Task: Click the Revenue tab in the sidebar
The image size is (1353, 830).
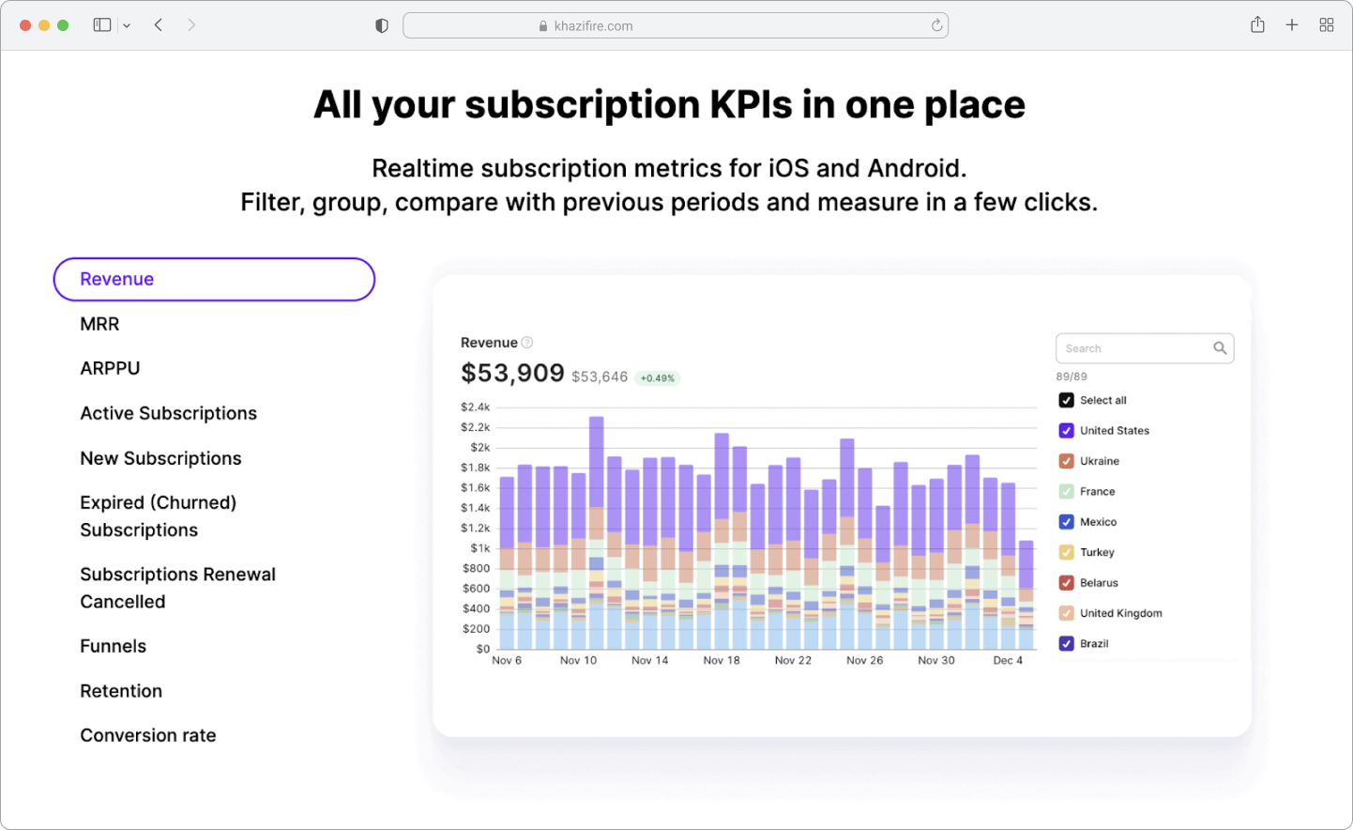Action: coord(213,279)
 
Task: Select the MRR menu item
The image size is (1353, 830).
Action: coord(99,324)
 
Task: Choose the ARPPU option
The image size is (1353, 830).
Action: coord(110,368)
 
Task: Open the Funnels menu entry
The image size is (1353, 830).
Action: coord(114,646)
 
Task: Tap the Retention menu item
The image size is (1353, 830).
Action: coord(121,691)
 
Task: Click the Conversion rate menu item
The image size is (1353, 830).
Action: coord(148,735)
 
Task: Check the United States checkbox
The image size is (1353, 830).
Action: coord(1066,431)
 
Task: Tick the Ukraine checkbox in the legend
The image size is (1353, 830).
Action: coord(1066,461)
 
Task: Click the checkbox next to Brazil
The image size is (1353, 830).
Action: coord(1066,643)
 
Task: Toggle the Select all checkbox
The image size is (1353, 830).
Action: coord(1066,400)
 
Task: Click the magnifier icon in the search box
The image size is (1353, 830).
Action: coord(1220,348)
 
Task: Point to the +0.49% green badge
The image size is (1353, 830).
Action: coord(657,378)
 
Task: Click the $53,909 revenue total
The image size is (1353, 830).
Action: coord(512,374)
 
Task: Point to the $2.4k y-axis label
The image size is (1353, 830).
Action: coord(476,407)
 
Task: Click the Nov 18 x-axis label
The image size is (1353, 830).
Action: coord(722,660)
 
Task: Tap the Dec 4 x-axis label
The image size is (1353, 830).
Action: coord(1008,660)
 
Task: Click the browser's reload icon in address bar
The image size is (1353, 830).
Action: coord(936,25)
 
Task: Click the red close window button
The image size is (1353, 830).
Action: coord(25,25)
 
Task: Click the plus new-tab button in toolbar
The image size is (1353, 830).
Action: coord(1292,25)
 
